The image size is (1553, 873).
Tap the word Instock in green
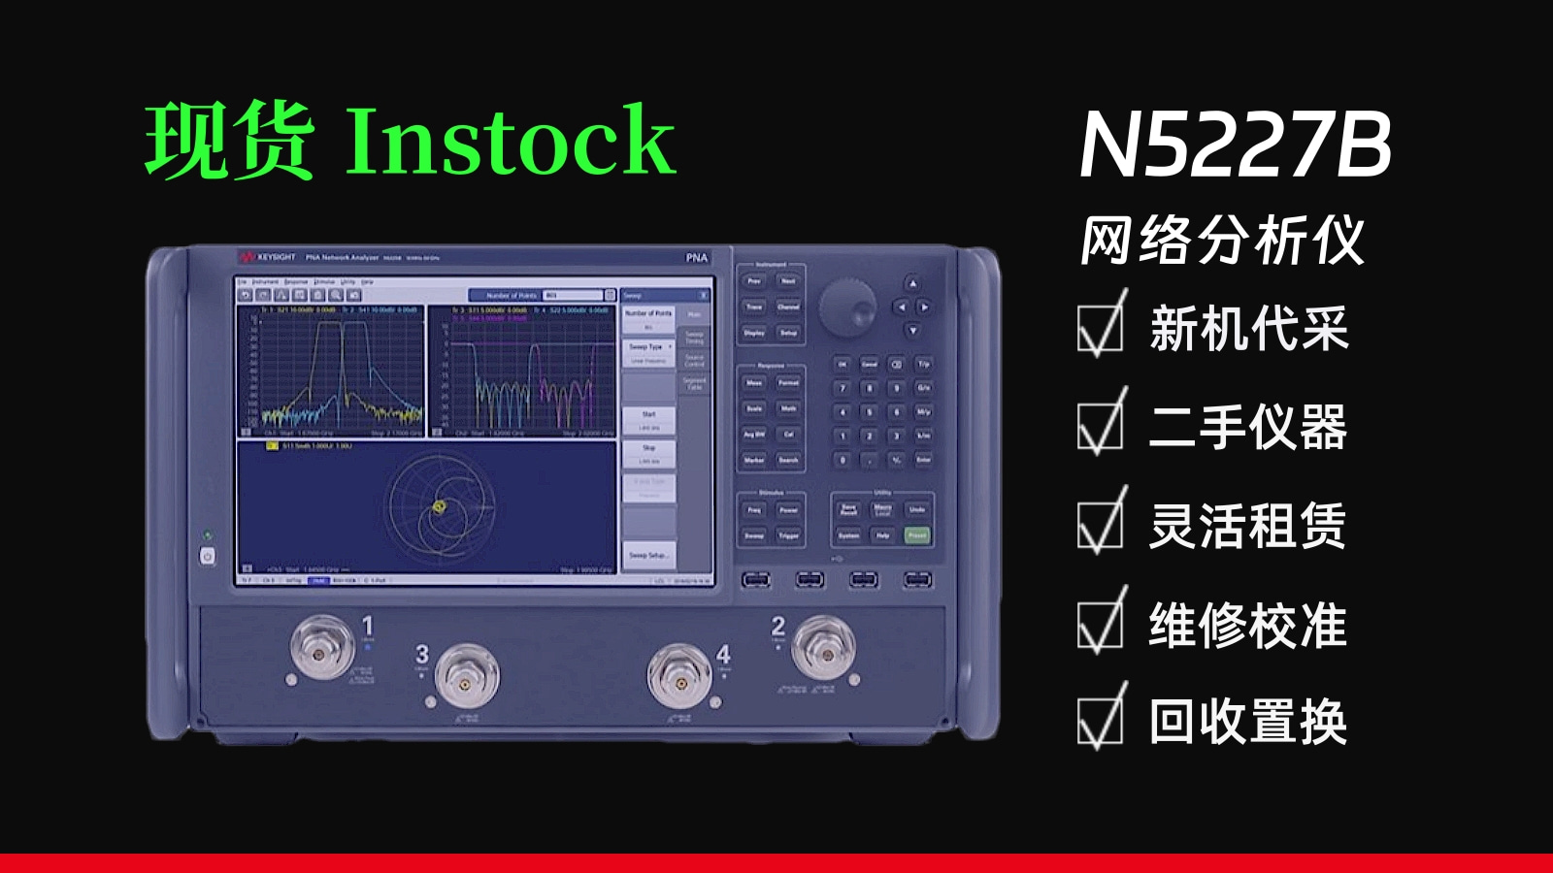(510, 142)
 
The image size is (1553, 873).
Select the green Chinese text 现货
(229, 142)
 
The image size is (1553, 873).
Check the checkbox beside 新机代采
(1100, 328)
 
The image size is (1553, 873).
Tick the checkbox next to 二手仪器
(1100, 427)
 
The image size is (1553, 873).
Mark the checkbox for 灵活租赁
(1100, 526)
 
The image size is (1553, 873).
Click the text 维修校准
(1248, 626)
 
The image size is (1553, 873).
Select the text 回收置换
(1248, 723)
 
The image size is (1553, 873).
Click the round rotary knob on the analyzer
(847, 308)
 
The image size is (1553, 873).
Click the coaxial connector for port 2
(823, 647)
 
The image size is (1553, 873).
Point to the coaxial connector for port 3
(467, 678)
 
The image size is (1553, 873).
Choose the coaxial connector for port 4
(680, 678)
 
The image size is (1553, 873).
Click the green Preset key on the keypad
(916, 534)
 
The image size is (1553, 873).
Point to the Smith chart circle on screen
(442, 505)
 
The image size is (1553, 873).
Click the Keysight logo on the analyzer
(269, 257)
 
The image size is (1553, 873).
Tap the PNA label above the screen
(697, 257)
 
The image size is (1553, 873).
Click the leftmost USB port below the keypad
(755, 580)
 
